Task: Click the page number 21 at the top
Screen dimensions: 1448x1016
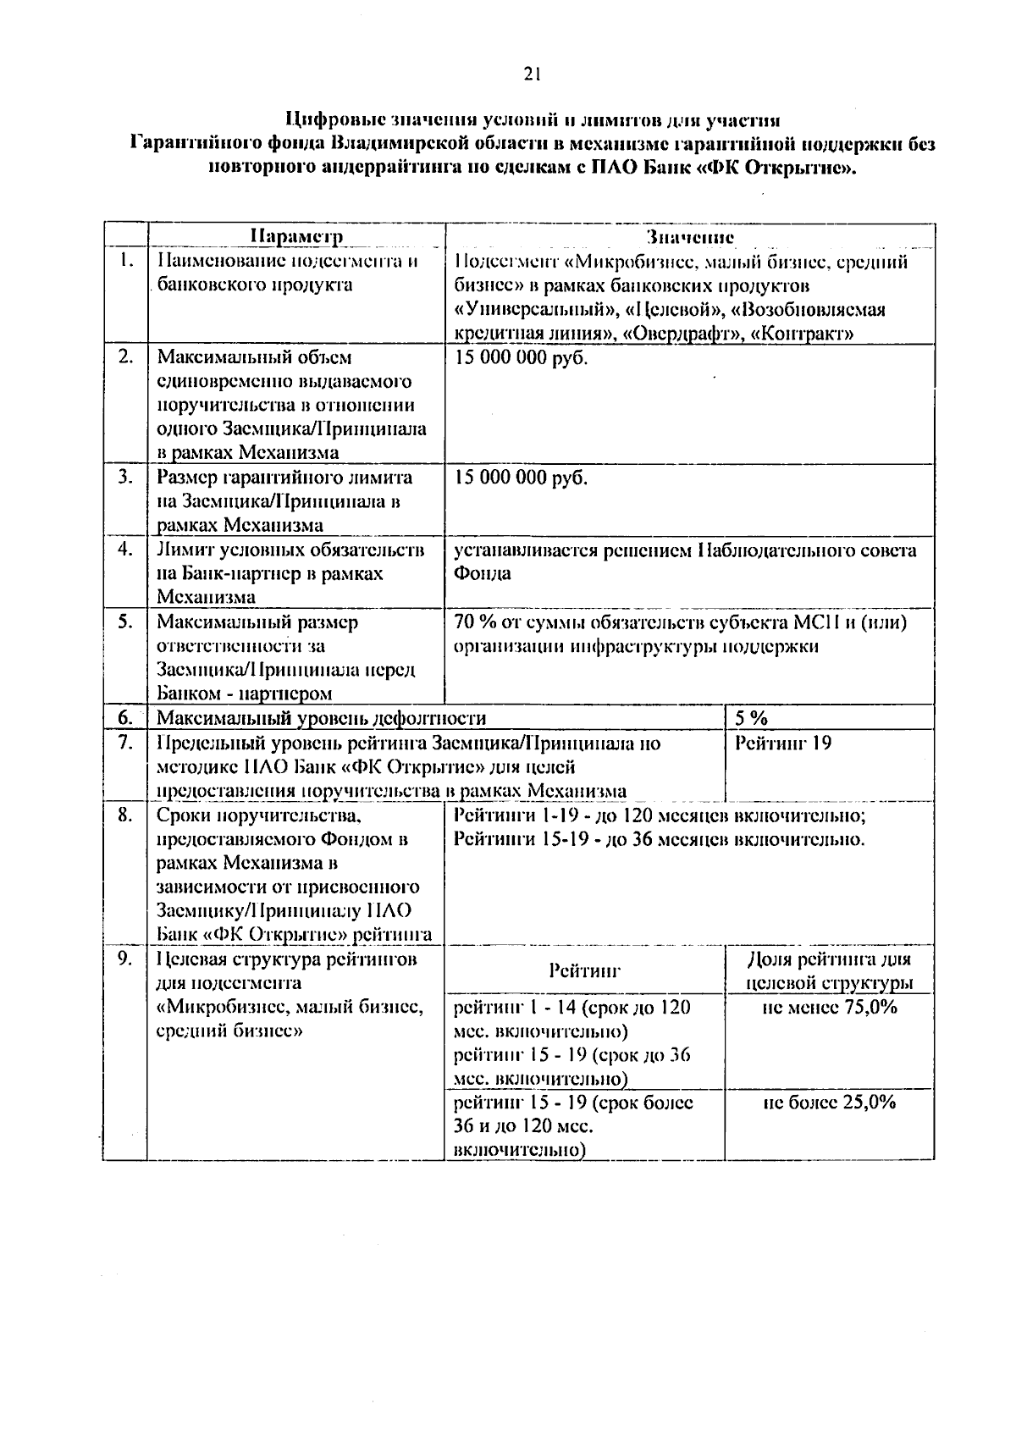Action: [x=532, y=74]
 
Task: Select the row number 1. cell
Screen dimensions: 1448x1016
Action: [x=126, y=261]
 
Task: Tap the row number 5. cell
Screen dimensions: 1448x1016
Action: [x=126, y=622]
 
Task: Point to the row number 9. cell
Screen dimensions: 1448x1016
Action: [x=126, y=959]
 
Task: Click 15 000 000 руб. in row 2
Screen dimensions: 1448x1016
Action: [x=521, y=358]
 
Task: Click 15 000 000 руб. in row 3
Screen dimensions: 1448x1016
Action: [x=521, y=478]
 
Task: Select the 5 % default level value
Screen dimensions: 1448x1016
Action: [x=751, y=718]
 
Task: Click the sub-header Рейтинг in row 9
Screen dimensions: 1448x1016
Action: [x=584, y=970]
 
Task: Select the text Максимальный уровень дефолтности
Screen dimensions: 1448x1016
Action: [x=322, y=719]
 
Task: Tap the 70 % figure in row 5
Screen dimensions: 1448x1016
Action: [x=474, y=622]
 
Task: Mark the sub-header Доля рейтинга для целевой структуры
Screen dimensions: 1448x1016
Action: [x=830, y=971]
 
